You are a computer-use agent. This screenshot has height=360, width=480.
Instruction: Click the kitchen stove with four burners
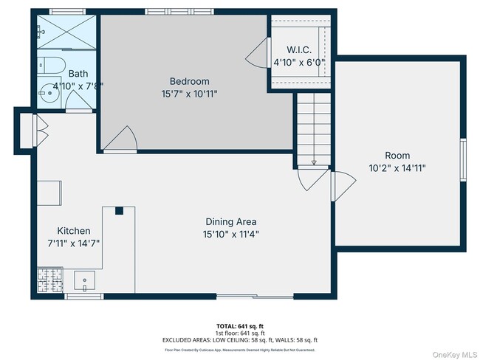pyautogui.click(x=49, y=280)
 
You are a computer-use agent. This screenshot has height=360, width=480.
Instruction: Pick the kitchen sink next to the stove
pyautogui.click(x=85, y=280)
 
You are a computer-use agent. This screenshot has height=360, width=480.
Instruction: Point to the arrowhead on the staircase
pyautogui.click(x=314, y=162)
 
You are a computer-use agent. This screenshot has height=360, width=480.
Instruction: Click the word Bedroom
pyautogui.click(x=190, y=81)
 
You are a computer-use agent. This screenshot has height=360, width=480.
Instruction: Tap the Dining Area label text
pyautogui.click(x=231, y=221)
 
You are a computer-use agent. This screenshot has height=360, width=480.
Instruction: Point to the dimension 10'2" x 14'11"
pyautogui.click(x=397, y=168)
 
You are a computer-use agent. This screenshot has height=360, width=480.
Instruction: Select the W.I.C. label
pyautogui.click(x=299, y=50)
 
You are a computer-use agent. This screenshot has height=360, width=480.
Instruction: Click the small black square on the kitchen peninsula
pyautogui.click(x=118, y=211)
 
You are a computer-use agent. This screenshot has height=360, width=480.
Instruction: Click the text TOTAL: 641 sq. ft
pyautogui.click(x=240, y=325)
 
